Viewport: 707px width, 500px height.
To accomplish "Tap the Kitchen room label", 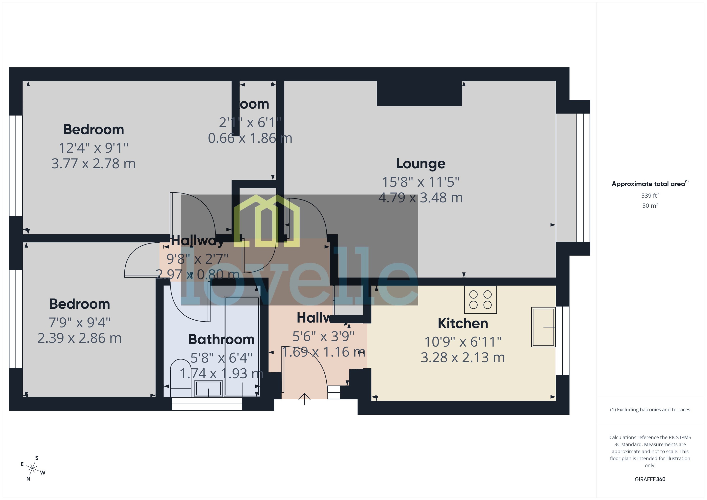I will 463,323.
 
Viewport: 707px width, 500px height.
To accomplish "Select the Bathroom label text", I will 221,339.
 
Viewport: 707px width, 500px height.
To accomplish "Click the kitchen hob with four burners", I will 480,300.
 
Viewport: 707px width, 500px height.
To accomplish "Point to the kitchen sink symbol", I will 543,327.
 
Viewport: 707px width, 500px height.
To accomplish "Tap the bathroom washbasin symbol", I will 208,389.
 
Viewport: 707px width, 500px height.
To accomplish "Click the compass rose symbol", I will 32,468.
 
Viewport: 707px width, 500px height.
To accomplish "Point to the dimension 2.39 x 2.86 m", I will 79,338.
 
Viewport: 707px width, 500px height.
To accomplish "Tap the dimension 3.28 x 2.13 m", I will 463,357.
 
